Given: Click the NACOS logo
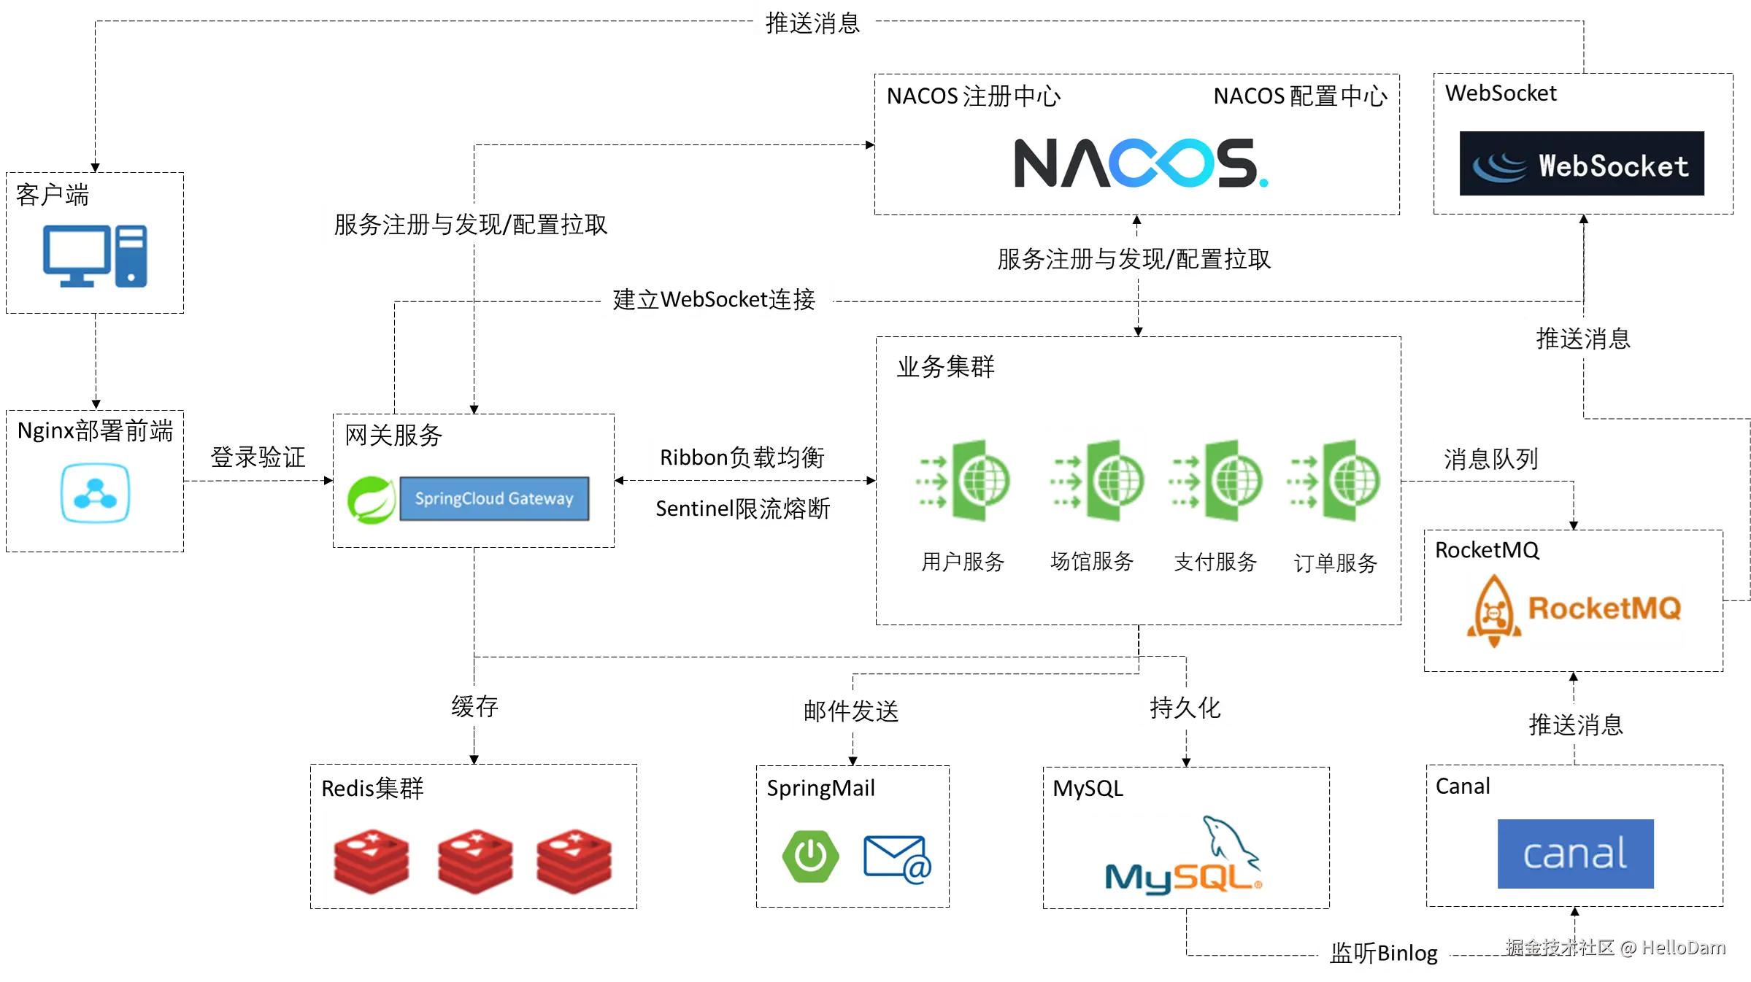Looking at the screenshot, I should pos(1140,163).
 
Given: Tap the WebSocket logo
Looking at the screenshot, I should pos(1581,164).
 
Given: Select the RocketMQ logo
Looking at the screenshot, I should pos(1576,611).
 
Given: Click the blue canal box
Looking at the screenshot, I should pos(1576,854).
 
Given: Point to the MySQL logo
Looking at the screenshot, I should pos(1179,858).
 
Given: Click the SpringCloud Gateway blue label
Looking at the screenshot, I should pos(494,498).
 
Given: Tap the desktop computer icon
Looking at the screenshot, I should pos(93,256).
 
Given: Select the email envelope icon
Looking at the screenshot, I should pos(896,859).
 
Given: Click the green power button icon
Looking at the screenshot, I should pos(810,857).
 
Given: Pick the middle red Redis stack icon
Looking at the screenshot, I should pos(474,860).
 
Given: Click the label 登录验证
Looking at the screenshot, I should pos(258,457).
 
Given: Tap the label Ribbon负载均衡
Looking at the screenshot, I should pos(743,457).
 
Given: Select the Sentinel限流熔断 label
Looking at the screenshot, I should pos(743,508).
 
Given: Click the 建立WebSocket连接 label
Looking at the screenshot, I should pos(714,298).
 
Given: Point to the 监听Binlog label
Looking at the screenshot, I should pos(1383,952).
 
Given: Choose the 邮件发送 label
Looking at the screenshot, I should pos(851,711).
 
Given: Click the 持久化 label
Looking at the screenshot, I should pos(1185,706).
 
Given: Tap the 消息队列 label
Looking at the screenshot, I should pos(1491,458).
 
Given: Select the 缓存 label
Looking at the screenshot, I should pos(475,705).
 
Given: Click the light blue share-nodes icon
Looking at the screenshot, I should pos(96,493).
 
